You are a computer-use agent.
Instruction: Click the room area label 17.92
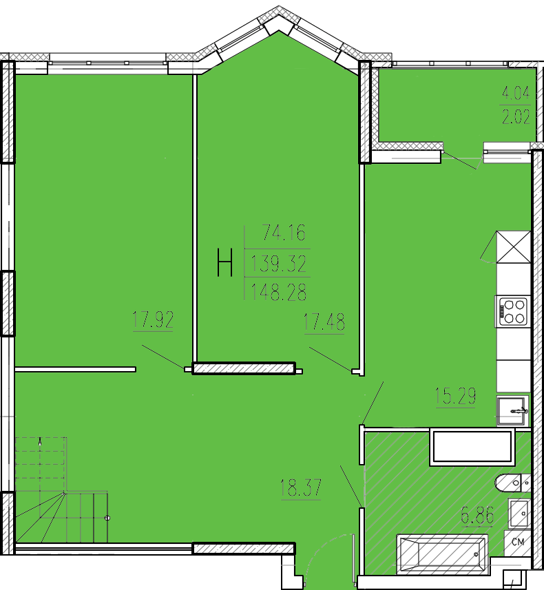point(153,319)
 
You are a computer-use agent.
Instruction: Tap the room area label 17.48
point(324,322)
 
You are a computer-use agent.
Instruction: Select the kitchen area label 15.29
point(455,395)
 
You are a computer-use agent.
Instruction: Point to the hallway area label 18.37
point(300,487)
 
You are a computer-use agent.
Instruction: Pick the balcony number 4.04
point(516,92)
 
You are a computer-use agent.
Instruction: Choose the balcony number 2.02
point(516,117)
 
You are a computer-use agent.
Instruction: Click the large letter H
point(224,262)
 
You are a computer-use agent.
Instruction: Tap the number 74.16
point(284,233)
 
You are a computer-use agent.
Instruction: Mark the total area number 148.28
point(279,292)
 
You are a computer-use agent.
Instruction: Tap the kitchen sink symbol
point(512,410)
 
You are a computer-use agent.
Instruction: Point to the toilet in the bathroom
point(513,483)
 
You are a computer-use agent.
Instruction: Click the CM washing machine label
point(518,542)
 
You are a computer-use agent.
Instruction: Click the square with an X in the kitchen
point(514,247)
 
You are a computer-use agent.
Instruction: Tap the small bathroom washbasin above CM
point(519,514)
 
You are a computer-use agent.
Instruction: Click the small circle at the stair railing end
point(107,518)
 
